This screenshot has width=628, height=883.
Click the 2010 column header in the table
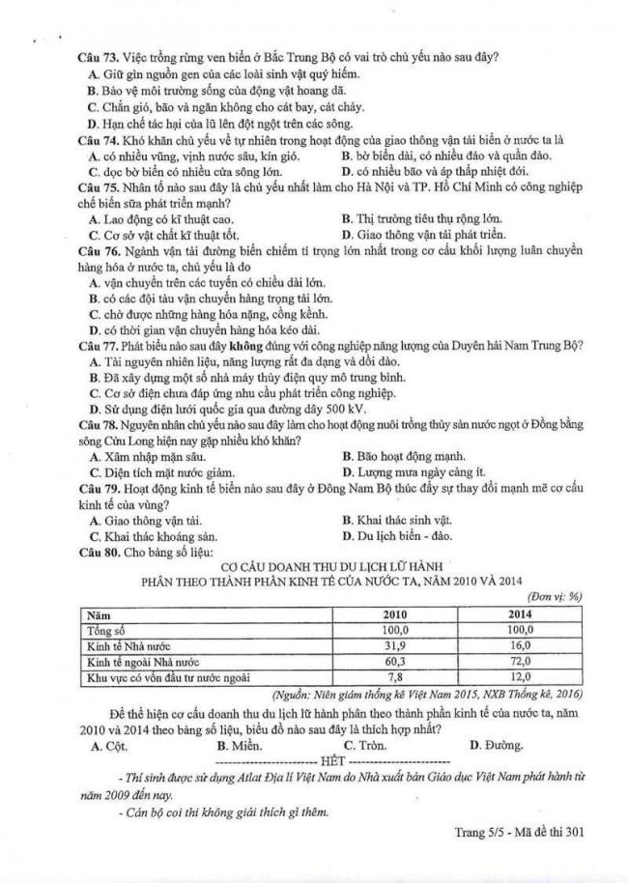[x=394, y=614]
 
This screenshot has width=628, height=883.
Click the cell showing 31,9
[x=394, y=645]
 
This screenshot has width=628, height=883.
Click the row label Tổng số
[x=107, y=630]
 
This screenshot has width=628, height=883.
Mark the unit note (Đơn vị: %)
[x=557, y=597]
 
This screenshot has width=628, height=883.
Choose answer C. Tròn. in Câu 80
[x=366, y=745]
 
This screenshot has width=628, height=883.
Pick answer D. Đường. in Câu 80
[x=496, y=745]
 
